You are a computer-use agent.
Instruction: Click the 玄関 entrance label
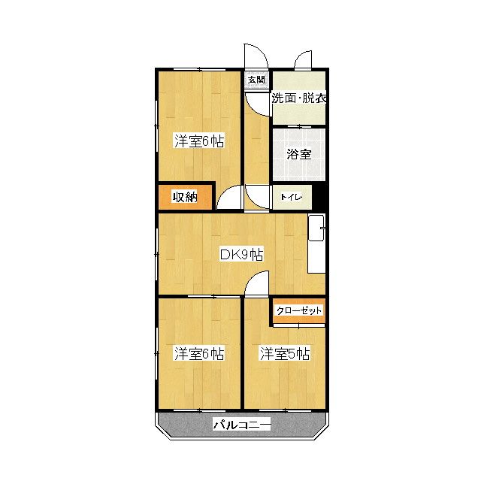(256, 79)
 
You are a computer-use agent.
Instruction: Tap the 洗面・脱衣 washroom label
(298, 98)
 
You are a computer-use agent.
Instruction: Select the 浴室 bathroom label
(298, 154)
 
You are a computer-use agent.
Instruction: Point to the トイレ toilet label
(292, 198)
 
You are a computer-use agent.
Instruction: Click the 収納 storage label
(185, 197)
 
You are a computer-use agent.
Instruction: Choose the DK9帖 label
(240, 254)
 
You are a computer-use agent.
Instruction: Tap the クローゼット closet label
(298, 310)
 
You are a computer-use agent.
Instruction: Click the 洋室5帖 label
(285, 352)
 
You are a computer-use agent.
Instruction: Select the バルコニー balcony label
(241, 425)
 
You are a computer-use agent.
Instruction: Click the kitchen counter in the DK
(317, 245)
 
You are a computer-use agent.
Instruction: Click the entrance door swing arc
(254, 56)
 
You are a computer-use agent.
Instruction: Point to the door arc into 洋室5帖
(257, 284)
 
